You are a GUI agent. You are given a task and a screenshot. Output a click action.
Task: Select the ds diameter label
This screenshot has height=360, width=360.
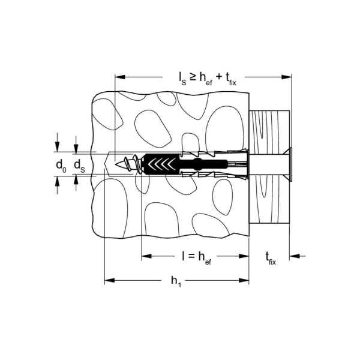click(x=79, y=164)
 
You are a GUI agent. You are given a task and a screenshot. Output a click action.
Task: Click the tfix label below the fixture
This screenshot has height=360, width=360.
click(x=271, y=258)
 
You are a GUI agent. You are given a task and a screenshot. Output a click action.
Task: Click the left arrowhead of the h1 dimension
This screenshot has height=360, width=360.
click(x=109, y=280)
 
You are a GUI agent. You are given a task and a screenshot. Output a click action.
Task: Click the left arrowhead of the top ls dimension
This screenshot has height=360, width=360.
click(x=119, y=77)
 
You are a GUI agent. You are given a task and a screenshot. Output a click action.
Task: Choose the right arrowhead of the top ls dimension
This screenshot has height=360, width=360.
click(x=287, y=77)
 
